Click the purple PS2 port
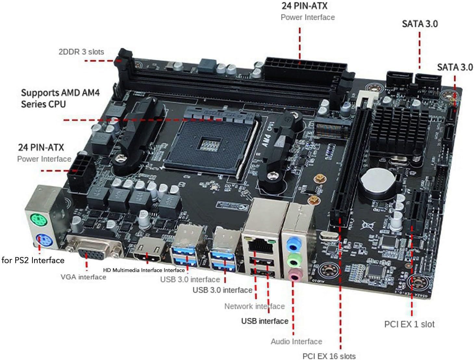pos(42,241)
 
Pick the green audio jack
pos(294,260)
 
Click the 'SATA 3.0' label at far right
pos(455,67)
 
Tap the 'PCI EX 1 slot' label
pos(409,324)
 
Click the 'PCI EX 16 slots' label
pos(329,356)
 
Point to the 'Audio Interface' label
pos(296,341)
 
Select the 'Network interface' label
pos(254,306)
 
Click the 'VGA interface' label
pos(83,277)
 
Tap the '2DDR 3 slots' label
pos(81,52)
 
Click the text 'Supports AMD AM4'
pos(60,93)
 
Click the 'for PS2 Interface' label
pos(33,260)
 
